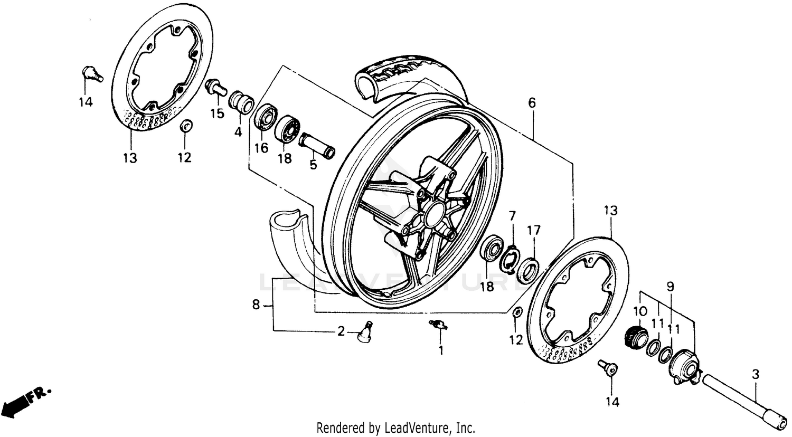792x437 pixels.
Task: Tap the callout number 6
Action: coord(531,103)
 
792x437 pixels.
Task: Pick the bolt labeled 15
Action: coord(216,89)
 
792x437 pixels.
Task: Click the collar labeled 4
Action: coord(241,102)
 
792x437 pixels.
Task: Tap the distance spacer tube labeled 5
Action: coord(317,146)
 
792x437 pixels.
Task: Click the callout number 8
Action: coord(256,305)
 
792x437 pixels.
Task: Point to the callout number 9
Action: coord(670,287)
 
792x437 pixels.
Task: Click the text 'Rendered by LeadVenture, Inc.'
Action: coord(395,427)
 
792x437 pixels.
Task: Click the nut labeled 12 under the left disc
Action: coord(185,127)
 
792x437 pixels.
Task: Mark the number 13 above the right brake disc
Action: coord(610,211)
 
